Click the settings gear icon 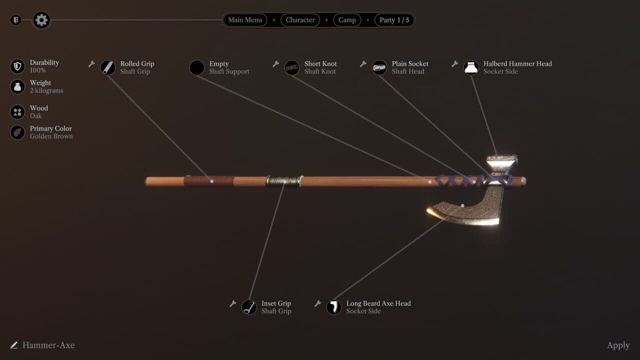41,20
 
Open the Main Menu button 245,20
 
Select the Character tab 300,20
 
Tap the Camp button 347,20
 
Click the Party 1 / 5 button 394,20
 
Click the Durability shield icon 17,66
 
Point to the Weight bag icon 17,86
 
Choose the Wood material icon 17,112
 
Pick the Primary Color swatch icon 17,132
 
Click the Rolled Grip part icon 107,67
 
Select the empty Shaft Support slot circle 197,67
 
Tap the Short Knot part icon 291,67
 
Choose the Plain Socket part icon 379,67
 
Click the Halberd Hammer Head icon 471,67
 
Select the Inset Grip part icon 249,307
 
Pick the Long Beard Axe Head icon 333,307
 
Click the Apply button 618,345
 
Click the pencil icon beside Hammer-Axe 13,345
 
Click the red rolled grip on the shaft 209,181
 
